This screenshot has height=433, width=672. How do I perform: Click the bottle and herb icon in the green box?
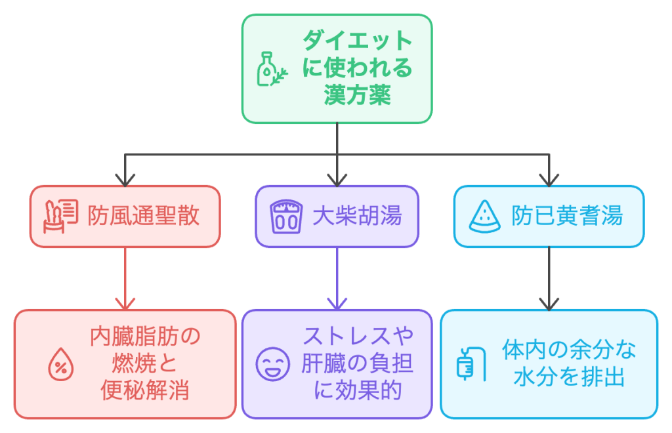tap(271, 69)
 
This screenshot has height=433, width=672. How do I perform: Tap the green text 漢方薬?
tap(357, 96)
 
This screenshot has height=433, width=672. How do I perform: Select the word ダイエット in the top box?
tap(357, 41)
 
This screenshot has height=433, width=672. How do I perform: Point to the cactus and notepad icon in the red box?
tap(60, 216)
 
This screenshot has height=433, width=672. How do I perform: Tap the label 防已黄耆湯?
tap(566, 216)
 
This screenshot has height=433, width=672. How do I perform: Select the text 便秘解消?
tap(145, 391)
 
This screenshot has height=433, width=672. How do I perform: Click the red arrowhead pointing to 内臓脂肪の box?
tap(125, 302)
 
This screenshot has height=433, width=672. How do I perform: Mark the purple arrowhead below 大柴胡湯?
tap(337, 302)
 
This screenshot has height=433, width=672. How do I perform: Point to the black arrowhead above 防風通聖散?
tap(125, 179)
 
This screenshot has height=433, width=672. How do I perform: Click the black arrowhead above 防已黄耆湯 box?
tap(549, 179)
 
